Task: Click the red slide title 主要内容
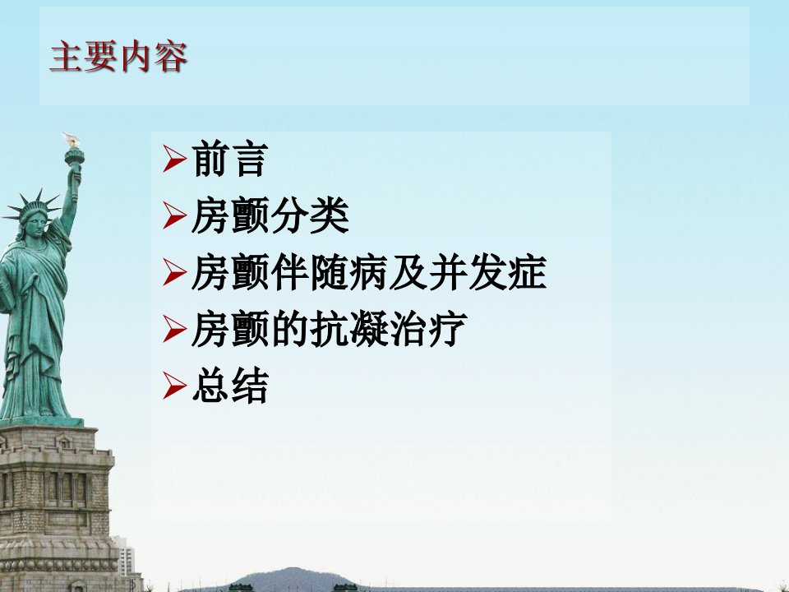pyautogui.click(x=118, y=57)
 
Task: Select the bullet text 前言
pyautogui.click(x=230, y=159)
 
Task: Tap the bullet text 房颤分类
pyautogui.click(x=270, y=215)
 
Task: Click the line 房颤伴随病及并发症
pyautogui.click(x=369, y=272)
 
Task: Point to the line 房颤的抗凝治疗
pyautogui.click(x=330, y=329)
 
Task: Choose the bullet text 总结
pyautogui.click(x=230, y=386)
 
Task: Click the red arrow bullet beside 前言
pyautogui.click(x=174, y=159)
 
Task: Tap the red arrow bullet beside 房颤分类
pyautogui.click(x=174, y=215)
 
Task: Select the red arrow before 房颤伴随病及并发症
pyautogui.click(x=174, y=272)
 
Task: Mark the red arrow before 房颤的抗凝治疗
pyautogui.click(x=174, y=329)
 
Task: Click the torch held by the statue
pyautogui.click(x=73, y=151)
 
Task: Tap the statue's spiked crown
pyautogui.click(x=32, y=205)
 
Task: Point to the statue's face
pyautogui.click(x=35, y=225)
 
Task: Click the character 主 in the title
pyautogui.click(x=66, y=57)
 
